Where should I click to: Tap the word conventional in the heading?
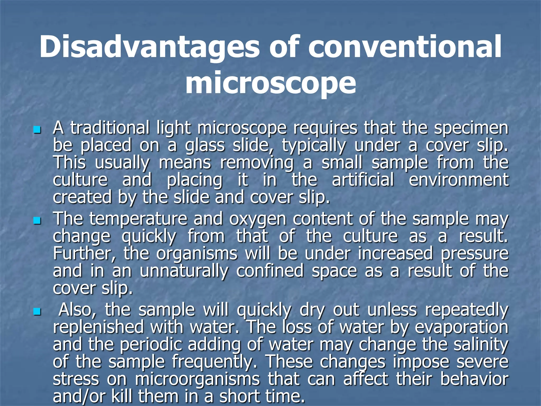[405, 47]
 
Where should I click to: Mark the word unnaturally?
[184, 271]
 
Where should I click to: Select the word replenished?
[98, 327]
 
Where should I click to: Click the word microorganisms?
[197, 380]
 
